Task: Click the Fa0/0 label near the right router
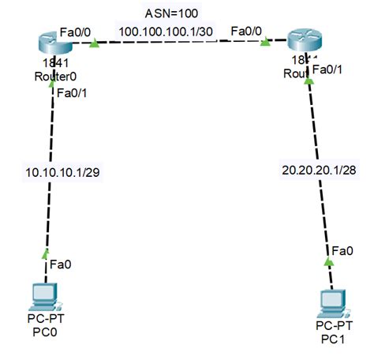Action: [247, 32]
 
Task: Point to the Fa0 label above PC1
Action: [342, 250]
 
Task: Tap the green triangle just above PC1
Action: [330, 260]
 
